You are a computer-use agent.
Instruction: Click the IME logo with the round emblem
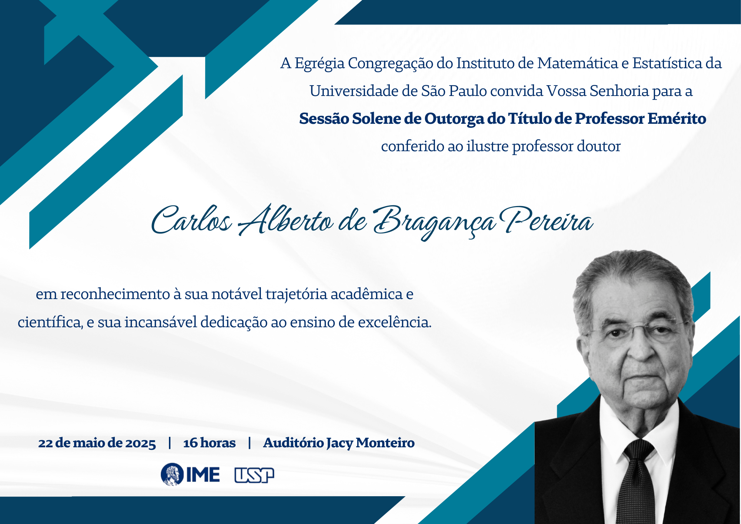pyautogui.click(x=190, y=474)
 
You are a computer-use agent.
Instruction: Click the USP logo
pyautogui.click(x=254, y=475)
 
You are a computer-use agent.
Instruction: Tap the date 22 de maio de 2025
pyautogui.click(x=97, y=443)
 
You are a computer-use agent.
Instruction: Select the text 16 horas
pyautogui.click(x=209, y=443)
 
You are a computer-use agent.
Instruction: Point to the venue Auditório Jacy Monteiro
pyautogui.click(x=339, y=443)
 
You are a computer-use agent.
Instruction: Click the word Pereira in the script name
pyautogui.click(x=546, y=220)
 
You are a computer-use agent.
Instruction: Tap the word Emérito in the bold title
pyautogui.click(x=677, y=119)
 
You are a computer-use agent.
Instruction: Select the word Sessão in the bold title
pyautogui.click(x=323, y=119)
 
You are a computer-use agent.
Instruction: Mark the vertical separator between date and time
pyautogui.click(x=170, y=443)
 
